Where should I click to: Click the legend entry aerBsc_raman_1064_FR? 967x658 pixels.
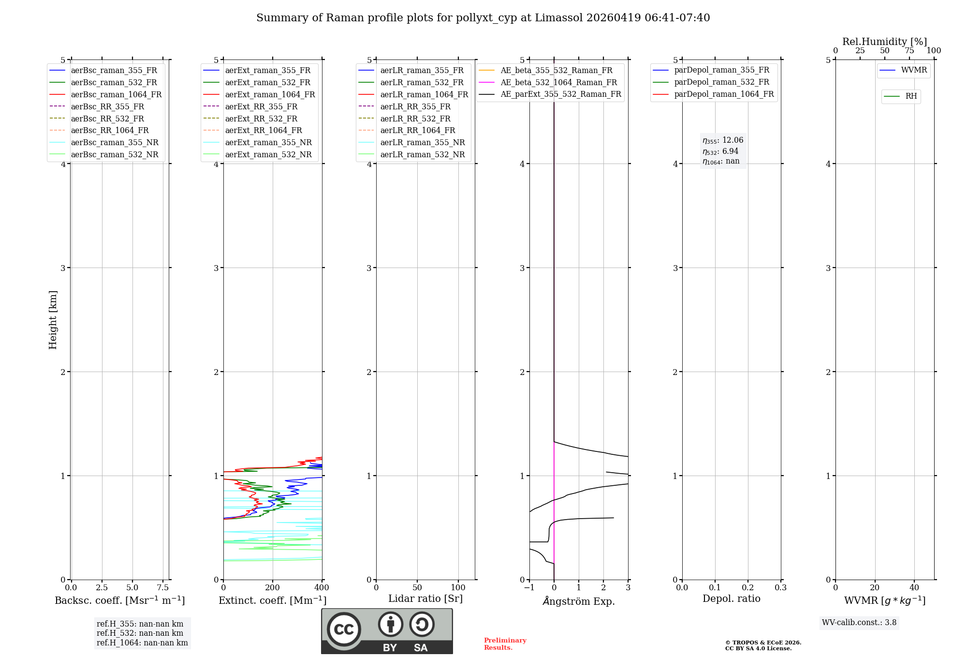coord(116,95)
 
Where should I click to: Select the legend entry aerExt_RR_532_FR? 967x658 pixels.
coord(261,119)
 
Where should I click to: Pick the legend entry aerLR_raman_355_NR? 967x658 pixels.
coord(422,143)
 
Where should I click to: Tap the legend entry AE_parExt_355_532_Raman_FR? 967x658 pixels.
coord(560,94)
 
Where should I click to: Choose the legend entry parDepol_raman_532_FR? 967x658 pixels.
coord(721,82)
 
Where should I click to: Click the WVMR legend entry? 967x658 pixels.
coord(914,70)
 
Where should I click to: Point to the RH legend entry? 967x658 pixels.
coord(911,96)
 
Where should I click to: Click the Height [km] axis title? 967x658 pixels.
coord(53,320)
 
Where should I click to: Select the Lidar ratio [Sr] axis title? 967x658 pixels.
coord(425,598)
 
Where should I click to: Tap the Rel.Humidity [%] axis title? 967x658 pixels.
coord(884,42)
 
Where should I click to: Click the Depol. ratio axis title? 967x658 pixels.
coord(731,598)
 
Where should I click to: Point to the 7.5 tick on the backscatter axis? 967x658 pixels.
coord(163,588)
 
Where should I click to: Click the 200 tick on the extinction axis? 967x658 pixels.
coord(273,588)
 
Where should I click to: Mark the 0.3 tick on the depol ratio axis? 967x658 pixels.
coord(780,588)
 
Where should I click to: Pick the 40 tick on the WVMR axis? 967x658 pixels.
coord(914,588)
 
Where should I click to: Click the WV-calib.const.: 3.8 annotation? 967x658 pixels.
coord(859,623)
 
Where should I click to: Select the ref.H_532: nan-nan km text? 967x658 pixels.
coord(140,633)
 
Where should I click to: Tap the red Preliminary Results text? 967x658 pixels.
coord(505,644)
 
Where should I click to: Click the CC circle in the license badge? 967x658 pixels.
coord(344,629)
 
